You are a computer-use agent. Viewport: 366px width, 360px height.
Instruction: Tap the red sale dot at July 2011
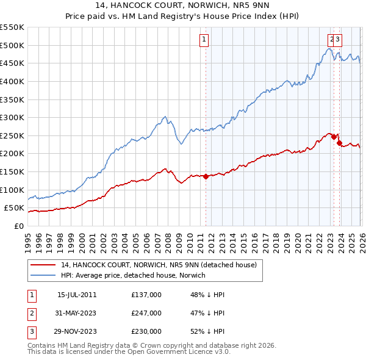tap(206, 176)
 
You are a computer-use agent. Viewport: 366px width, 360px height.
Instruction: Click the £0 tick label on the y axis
tap(20, 226)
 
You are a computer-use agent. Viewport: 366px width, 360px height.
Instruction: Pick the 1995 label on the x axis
tap(28, 239)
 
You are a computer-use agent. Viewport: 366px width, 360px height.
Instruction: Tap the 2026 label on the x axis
tap(361, 239)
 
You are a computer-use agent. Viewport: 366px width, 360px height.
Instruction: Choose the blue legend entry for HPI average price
tap(134, 275)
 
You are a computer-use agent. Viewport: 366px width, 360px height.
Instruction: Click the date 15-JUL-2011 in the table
tap(77, 295)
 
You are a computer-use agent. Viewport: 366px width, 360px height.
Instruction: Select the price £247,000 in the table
tap(146, 313)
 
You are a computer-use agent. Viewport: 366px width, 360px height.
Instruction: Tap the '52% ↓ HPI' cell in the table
tap(207, 331)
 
